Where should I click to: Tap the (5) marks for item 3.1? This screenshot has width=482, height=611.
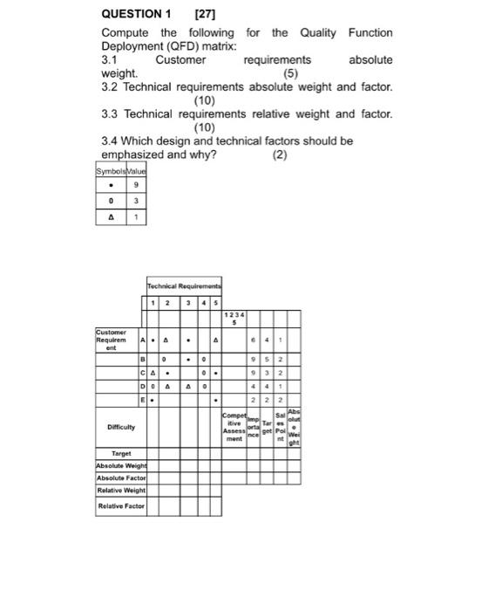coord(291,73)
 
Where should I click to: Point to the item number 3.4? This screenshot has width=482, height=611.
coord(110,141)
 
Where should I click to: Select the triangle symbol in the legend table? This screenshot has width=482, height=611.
coord(111,217)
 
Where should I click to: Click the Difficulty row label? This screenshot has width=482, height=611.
coord(120,428)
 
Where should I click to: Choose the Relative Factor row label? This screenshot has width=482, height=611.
coord(121,505)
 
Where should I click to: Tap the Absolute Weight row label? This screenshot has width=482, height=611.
coord(121,466)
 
